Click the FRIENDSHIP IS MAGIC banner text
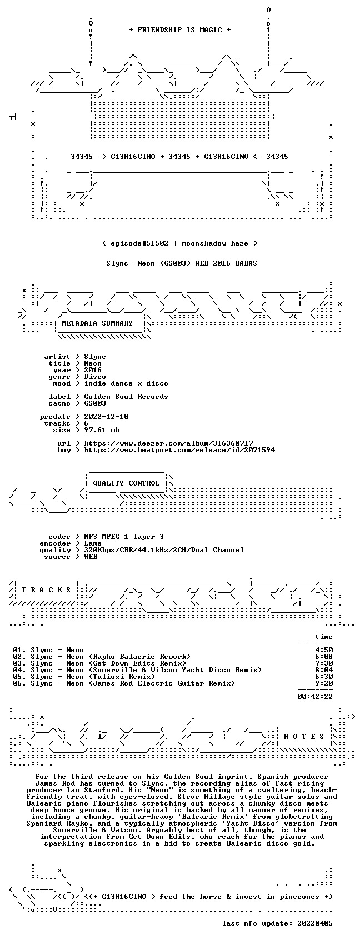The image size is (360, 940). pos(179,30)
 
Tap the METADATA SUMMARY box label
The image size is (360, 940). pos(97,323)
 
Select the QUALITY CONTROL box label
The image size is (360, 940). pos(126,483)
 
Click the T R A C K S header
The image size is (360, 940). pos(46,589)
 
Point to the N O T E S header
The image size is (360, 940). pos(304,737)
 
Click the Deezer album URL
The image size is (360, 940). pos(169,443)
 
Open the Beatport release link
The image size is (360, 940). pos(179,450)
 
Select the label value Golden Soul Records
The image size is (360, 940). pos(126,397)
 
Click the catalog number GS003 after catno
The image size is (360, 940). pos(95,403)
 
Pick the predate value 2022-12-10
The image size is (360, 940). pos(106,417)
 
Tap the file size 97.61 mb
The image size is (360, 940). pos(102,429)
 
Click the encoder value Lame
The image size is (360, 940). pos(93,543)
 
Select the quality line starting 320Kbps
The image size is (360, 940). pos(164,550)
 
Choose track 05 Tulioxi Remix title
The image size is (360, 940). pos(93,677)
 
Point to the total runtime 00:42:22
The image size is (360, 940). pos(315,697)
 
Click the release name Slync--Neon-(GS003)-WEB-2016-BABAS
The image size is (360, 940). pos(182,263)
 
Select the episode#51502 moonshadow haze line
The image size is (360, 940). pos(179,243)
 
